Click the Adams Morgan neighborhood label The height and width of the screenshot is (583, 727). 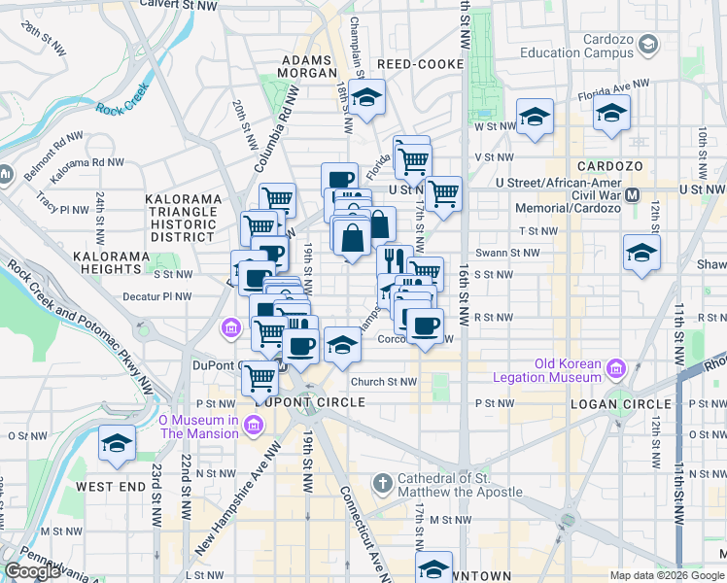[x=308, y=67]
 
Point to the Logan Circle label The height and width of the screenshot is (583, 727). [x=621, y=403]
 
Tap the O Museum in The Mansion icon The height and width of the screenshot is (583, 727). [x=254, y=424]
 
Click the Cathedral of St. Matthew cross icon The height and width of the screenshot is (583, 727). [x=384, y=482]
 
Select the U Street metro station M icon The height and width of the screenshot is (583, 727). [x=633, y=194]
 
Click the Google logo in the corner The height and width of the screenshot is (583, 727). [x=32, y=571]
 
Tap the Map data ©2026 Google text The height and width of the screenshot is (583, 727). [x=666, y=575]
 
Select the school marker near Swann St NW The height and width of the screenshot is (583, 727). [x=641, y=253]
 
